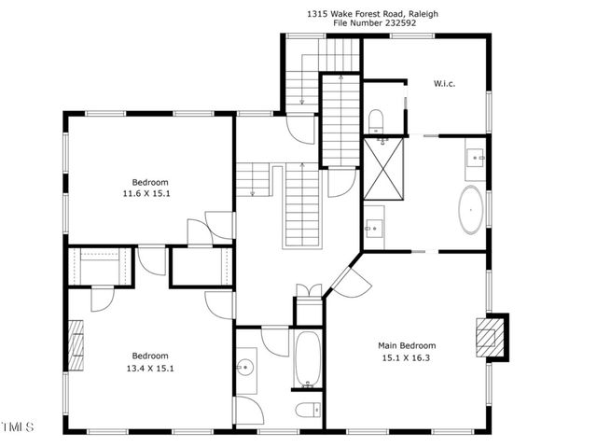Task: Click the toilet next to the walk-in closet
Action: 377,119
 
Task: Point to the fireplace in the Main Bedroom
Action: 491,336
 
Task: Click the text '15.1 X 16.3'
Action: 408,356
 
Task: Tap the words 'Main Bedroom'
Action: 408,343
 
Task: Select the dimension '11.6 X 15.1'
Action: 150,193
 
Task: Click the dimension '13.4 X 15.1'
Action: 150,368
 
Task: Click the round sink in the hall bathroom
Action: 247,367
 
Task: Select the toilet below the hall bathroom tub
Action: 306,410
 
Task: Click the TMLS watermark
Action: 18,427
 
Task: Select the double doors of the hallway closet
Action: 308,290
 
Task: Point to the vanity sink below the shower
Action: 374,227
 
